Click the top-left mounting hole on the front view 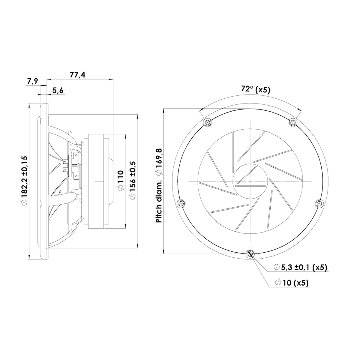point(206,122)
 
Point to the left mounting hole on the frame point(181,205)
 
